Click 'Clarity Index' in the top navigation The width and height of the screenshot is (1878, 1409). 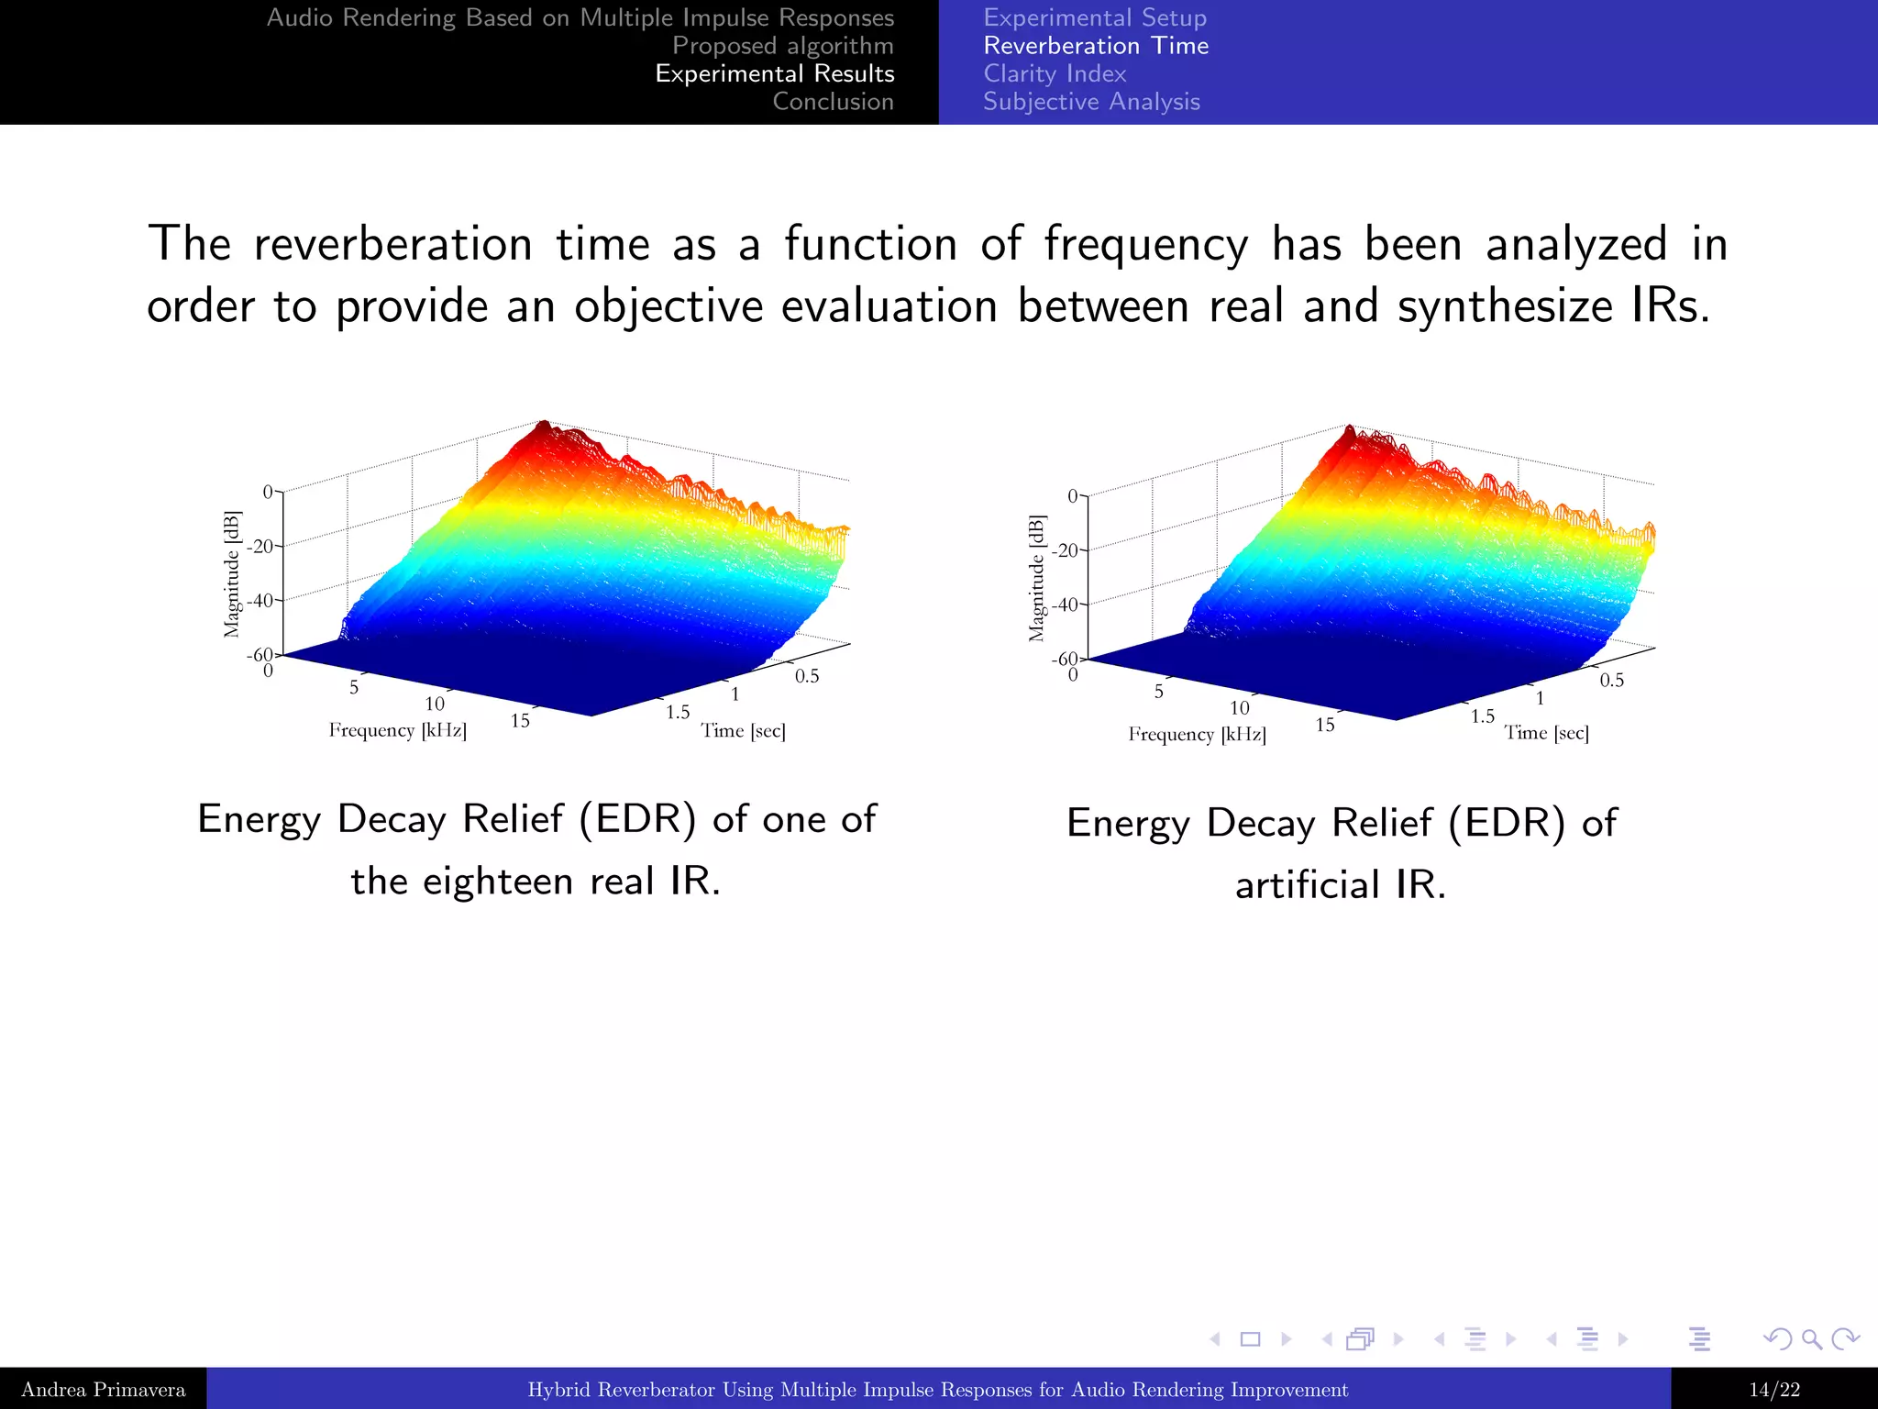1055,73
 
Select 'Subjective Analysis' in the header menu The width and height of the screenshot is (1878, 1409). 1091,102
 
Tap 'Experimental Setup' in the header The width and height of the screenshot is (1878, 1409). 1095,17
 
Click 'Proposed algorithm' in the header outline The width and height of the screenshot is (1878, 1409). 782,46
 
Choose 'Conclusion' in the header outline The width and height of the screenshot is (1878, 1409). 833,102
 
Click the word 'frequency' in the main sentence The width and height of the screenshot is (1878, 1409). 1145,246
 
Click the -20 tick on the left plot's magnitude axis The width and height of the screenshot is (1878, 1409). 261,547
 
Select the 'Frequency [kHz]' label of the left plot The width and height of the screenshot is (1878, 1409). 397,730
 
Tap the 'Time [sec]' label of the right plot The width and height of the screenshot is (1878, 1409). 1546,733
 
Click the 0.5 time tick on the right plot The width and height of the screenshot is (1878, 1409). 1611,681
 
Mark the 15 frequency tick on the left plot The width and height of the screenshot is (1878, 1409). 520,721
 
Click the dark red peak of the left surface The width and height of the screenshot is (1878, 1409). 544,427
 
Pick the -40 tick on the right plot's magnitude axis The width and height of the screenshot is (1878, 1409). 1066,605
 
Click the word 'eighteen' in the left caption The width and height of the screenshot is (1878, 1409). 497,882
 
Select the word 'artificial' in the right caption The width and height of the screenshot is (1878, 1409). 1307,885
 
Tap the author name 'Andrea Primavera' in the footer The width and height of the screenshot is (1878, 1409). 103,1390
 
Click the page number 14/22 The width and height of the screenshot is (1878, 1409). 1773,1390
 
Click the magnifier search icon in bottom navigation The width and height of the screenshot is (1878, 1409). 1811,1339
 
